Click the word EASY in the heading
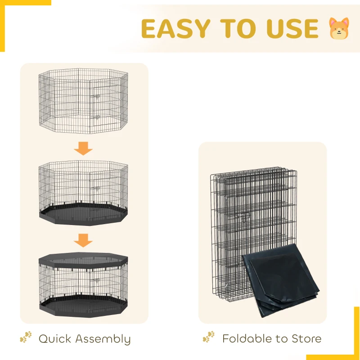point(175,28)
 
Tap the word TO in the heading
point(238,28)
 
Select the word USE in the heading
point(292,28)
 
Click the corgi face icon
point(339,28)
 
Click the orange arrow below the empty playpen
point(83,148)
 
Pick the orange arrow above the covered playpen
point(83,240)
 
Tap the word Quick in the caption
point(55,339)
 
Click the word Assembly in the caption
point(103,340)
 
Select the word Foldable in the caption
point(247,339)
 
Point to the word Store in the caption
point(306,339)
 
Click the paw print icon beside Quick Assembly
point(26,337)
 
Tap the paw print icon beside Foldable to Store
point(209,337)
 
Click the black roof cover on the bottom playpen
point(83,260)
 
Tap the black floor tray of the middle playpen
point(83,214)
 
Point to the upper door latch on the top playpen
point(96,97)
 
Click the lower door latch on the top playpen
point(96,117)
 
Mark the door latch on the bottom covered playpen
point(96,280)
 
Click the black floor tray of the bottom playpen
point(83,306)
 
